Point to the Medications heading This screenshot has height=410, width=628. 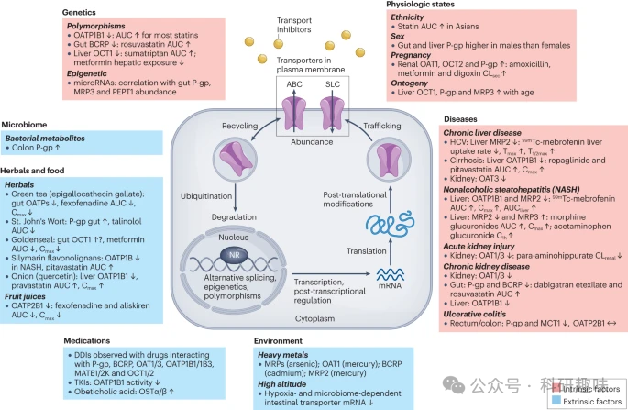(94, 339)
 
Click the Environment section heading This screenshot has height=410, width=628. (281, 339)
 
